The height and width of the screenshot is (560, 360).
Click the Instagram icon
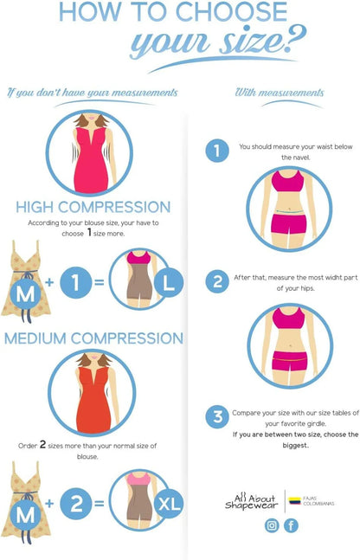[272, 525]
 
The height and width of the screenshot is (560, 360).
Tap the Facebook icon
[291, 525]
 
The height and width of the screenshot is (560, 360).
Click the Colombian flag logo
[295, 501]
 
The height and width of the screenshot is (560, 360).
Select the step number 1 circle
[217, 151]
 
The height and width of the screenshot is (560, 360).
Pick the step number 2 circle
[217, 281]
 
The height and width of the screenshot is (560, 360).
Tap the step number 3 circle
[217, 417]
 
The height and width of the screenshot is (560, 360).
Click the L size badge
[168, 282]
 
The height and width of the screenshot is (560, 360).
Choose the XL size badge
[169, 504]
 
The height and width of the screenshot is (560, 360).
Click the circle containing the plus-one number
[75, 282]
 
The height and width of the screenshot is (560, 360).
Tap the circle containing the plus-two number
[75, 504]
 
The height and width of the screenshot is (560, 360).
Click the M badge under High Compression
[25, 293]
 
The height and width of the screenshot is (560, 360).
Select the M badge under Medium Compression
[25, 515]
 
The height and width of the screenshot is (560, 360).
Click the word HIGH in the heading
[35, 207]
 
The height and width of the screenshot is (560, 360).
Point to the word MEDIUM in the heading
[35, 338]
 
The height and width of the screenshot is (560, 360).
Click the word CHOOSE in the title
[232, 12]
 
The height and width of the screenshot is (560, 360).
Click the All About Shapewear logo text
[252, 502]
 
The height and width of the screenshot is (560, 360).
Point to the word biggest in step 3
[295, 446]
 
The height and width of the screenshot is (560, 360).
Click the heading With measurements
[280, 93]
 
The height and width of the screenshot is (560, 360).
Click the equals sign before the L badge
[100, 282]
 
